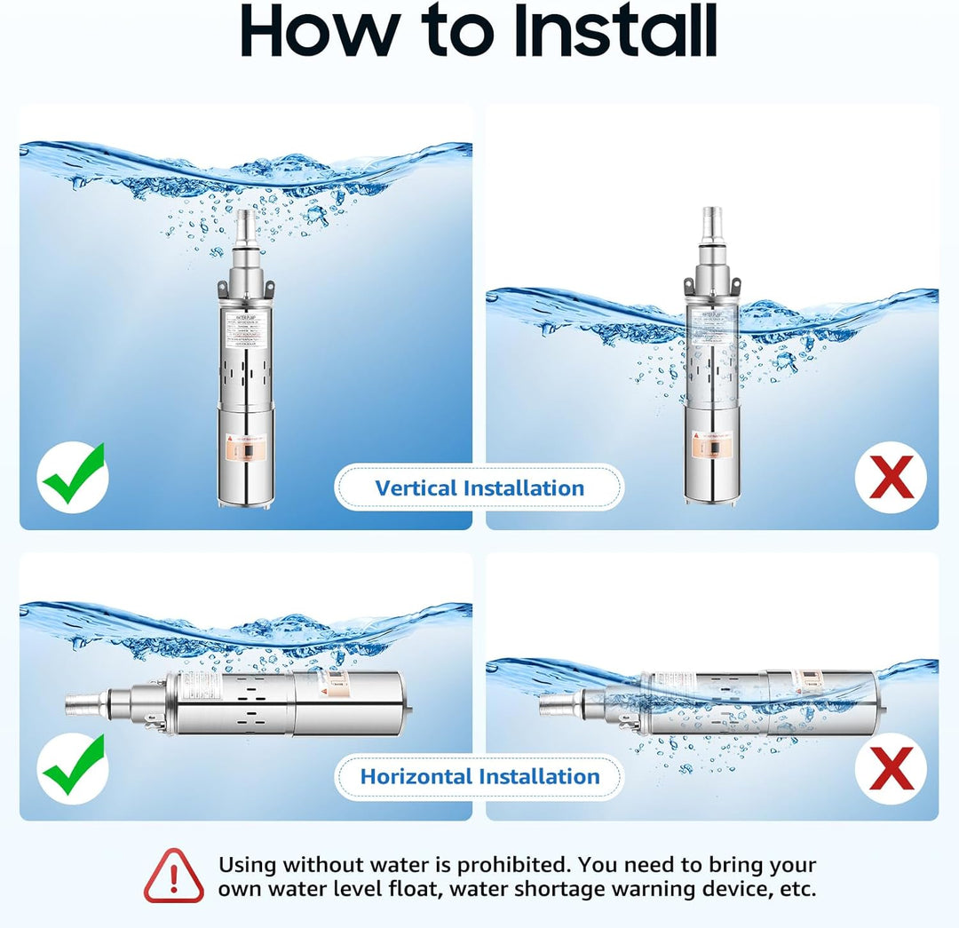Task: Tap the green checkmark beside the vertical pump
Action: coord(73,478)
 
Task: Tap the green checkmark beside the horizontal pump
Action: coord(73,766)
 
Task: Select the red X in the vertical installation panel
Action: coord(890,478)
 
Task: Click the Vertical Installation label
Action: coord(479,488)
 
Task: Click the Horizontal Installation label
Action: coord(479,777)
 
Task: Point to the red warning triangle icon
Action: coord(174,876)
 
